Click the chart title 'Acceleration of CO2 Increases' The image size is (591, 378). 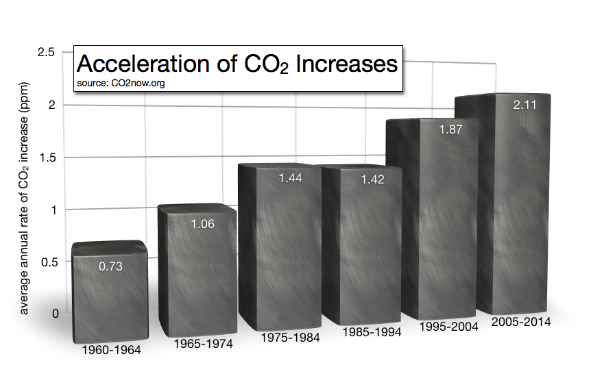[x=237, y=64]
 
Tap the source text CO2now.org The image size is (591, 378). [x=121, y=83]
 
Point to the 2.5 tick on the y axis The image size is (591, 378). [x=47, y=53]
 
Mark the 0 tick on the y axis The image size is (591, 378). [x=55, y=314]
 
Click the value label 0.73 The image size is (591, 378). [x=110, y=266]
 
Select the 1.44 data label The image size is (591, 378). [x=289, y=177]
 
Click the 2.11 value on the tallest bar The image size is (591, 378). [x=525, y=105]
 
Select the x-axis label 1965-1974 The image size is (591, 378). [x=204, y=343]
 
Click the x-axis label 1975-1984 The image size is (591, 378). [x=290, y=338]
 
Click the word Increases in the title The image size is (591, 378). [x=347, y=64]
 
